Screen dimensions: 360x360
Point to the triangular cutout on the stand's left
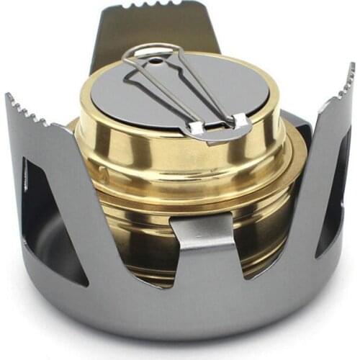click(50, 216)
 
